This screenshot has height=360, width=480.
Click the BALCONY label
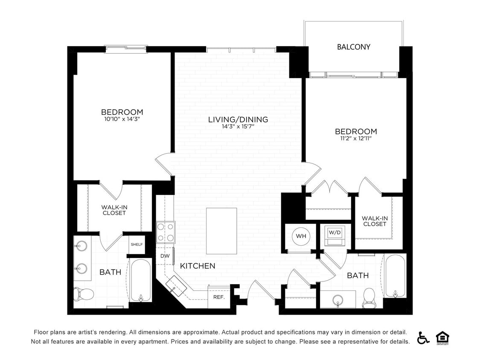coord(353,47)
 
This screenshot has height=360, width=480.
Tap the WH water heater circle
coord(301,236)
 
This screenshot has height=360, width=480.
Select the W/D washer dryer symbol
coord(335,236)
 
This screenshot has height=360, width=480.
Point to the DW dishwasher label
coord(165,256)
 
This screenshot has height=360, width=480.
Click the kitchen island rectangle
coord(221,231)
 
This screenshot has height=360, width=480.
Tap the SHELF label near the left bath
coord(137,244)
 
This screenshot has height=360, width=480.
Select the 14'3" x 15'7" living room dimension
coord(238,127)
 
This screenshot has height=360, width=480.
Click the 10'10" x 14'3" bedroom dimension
coord(122,119)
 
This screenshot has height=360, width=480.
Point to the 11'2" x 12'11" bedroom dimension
coord(356,139)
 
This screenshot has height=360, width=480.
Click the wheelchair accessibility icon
coord(423,337)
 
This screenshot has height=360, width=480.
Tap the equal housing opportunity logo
coord(442,337)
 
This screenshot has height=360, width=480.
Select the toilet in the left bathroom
coord(84,293)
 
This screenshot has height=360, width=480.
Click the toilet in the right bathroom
coord(369,298)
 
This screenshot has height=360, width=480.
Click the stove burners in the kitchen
coord(165,232)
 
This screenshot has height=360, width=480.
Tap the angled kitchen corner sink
coord(176,285)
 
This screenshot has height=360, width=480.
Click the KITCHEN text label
coord(198,266)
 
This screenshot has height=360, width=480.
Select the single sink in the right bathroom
coord(337,299)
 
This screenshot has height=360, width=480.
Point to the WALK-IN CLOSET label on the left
coord(114,210)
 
